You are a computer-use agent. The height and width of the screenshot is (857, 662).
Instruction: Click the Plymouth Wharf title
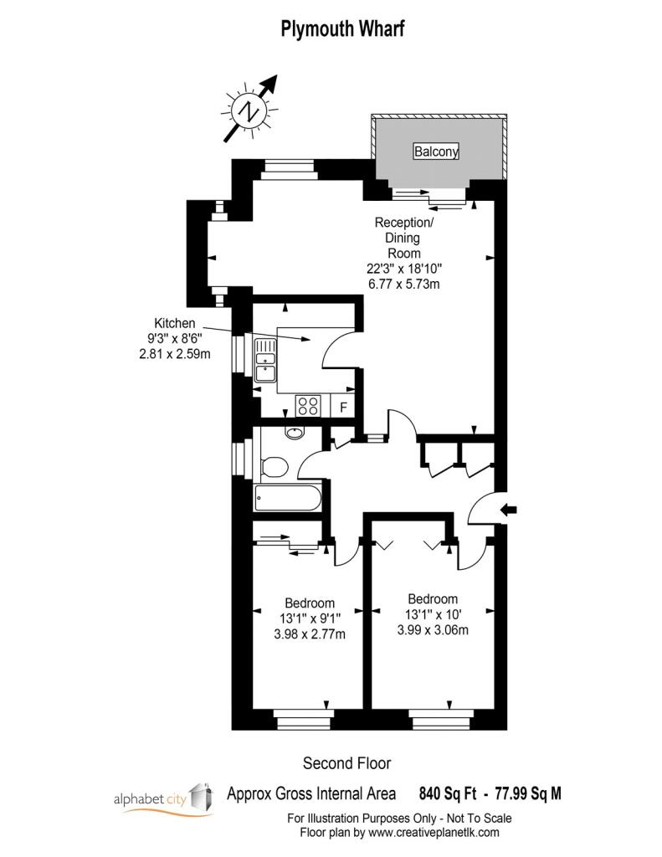pyautogui.click(x=343, y=28)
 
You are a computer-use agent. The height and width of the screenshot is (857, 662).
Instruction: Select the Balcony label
pyautogui.click(x=436, y=151)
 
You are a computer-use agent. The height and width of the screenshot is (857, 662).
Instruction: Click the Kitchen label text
pyautogui.click(x=174, y=323)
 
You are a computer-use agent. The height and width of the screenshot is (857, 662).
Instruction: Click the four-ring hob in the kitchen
pyautogui.click(x=308, y=406)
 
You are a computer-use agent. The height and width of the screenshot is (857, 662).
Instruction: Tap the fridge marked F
pyautogui.click(x=343, y=406)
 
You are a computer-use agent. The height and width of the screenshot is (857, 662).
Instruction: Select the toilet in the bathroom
pyautogui.click(x=275, y=467)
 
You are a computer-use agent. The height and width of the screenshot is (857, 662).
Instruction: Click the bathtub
pyautogui.click(x=288, y=498)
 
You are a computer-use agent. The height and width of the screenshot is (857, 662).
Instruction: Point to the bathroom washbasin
pyautogui.click(x=294, y=433)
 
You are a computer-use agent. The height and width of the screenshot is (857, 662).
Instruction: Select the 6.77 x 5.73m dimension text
pyautogui.click(x=404, y=284)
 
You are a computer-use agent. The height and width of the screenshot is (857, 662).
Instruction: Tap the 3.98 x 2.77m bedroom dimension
pyautogui.click(x=310, y=634)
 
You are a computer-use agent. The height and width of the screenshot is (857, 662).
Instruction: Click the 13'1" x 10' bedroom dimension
pyautogui.click(x=433, y=614)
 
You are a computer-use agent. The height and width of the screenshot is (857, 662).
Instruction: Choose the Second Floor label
pyautogui.click(x=347, y=763)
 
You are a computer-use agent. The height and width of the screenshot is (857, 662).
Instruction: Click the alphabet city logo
pyautogui.click(x=163, y=799)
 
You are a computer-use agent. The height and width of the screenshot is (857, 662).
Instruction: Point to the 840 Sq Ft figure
pyautogui.click(x=447, y=793)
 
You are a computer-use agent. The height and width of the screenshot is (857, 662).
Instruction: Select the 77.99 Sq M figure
pyautogui.click(x=528, y=793)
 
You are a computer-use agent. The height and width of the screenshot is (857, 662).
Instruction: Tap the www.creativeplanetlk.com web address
pyautogui.click(x=434, y=833)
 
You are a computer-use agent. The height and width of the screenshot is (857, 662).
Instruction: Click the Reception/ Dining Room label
pyautogui.click(x=404, y=238)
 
